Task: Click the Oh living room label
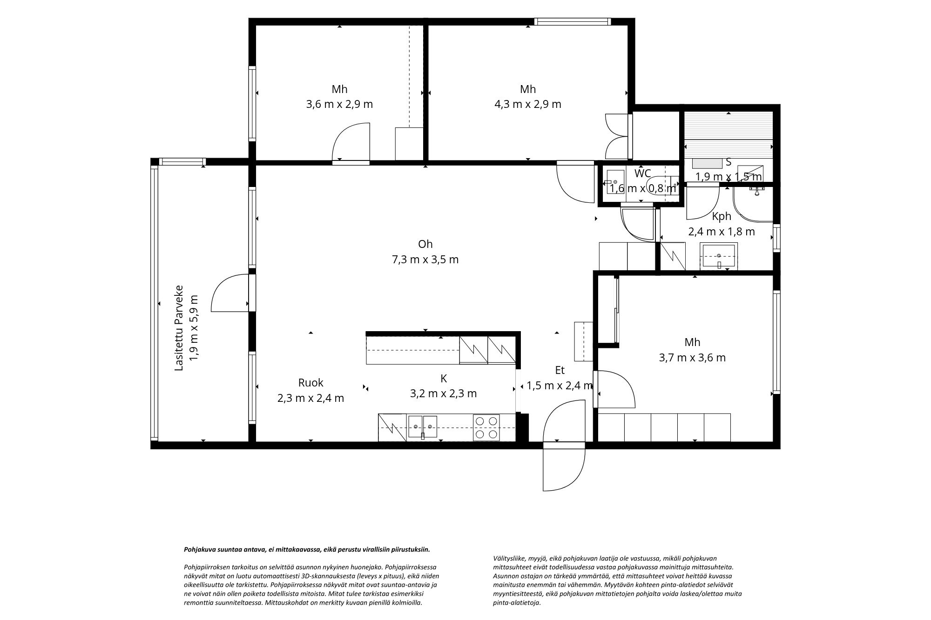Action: (x=425, y=244)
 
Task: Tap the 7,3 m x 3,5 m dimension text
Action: (x=425, y=260)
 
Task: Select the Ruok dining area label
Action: (x=310, y=383)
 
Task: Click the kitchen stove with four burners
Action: (x=486, y=427)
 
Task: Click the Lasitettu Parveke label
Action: (x=179, y=328)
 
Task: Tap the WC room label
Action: (x=643, y=173)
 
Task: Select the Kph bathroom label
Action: (x=722, y=216)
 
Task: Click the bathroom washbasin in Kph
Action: (x=719, y=256)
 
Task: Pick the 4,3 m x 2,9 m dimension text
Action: (x=528, y=104)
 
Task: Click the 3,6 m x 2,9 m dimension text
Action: (x=339, y=104)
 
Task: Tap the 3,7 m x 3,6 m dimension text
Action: (x=692, y=358)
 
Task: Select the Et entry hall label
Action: (x=560, y=370)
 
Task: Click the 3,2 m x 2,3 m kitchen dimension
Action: (x=443, y=393)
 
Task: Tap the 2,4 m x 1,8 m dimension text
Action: (x=722, y=232)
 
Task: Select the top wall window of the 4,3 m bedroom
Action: (x=572, y=21)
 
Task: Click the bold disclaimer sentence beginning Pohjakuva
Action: (x=307, y=549)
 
